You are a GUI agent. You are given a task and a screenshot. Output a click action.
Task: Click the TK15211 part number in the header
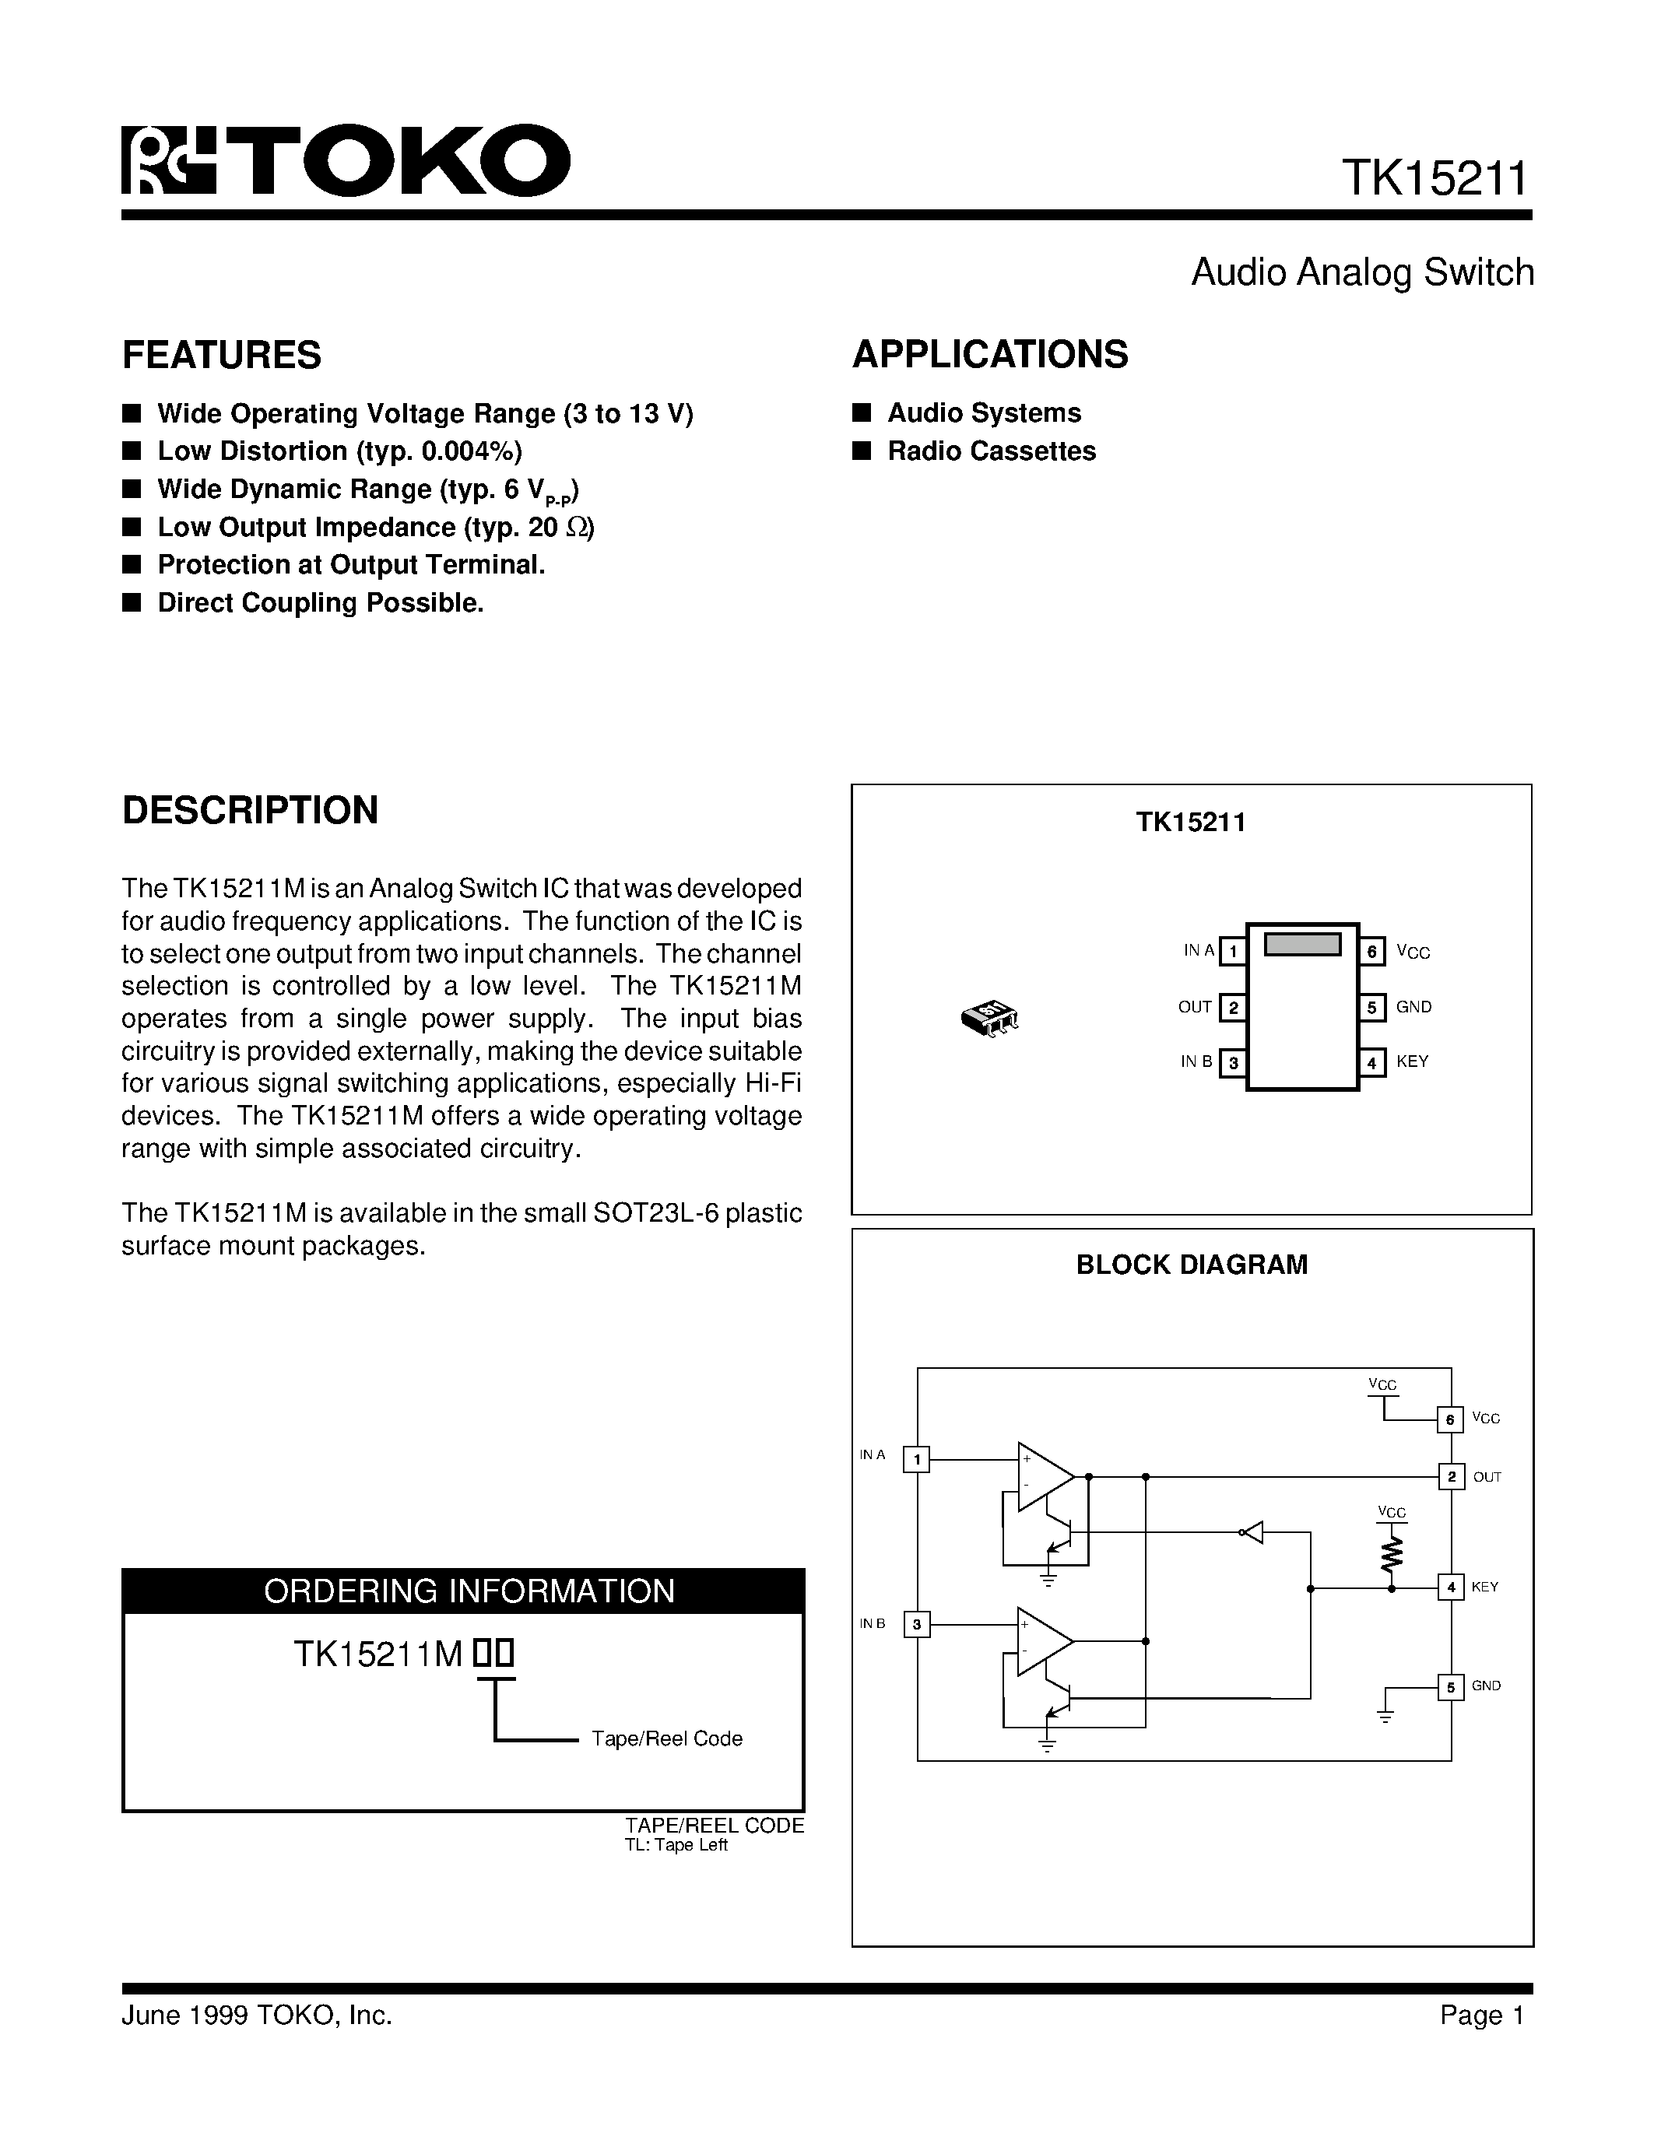pos(1434,179)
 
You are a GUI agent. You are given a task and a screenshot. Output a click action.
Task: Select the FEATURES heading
pos(222,355)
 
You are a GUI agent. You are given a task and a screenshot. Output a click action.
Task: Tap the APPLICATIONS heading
pos(989,355)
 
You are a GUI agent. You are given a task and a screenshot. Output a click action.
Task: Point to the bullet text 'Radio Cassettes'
pos(991,451)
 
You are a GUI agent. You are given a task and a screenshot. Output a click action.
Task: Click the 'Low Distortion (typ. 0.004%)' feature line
pos(339,451)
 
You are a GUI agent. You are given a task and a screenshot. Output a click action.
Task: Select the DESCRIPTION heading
pos(250,810)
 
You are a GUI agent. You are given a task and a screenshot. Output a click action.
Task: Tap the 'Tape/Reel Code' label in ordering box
pos(666,1738)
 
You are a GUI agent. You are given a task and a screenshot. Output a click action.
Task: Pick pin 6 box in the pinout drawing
pos(1371,950)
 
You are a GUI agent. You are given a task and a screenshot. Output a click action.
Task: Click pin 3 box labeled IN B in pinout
pos(1233,1062)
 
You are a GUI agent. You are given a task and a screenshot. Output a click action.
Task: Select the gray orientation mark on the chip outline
pos(1302,945)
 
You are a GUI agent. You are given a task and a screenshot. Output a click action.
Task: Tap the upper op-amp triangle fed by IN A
pos(1042,1475)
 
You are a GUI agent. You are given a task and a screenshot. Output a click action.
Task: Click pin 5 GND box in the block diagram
pos(1450,1686)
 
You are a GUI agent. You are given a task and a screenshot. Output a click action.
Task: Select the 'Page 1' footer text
pos(1481,2015)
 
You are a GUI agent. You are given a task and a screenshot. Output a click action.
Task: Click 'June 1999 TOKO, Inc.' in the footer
pos(257,2015)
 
